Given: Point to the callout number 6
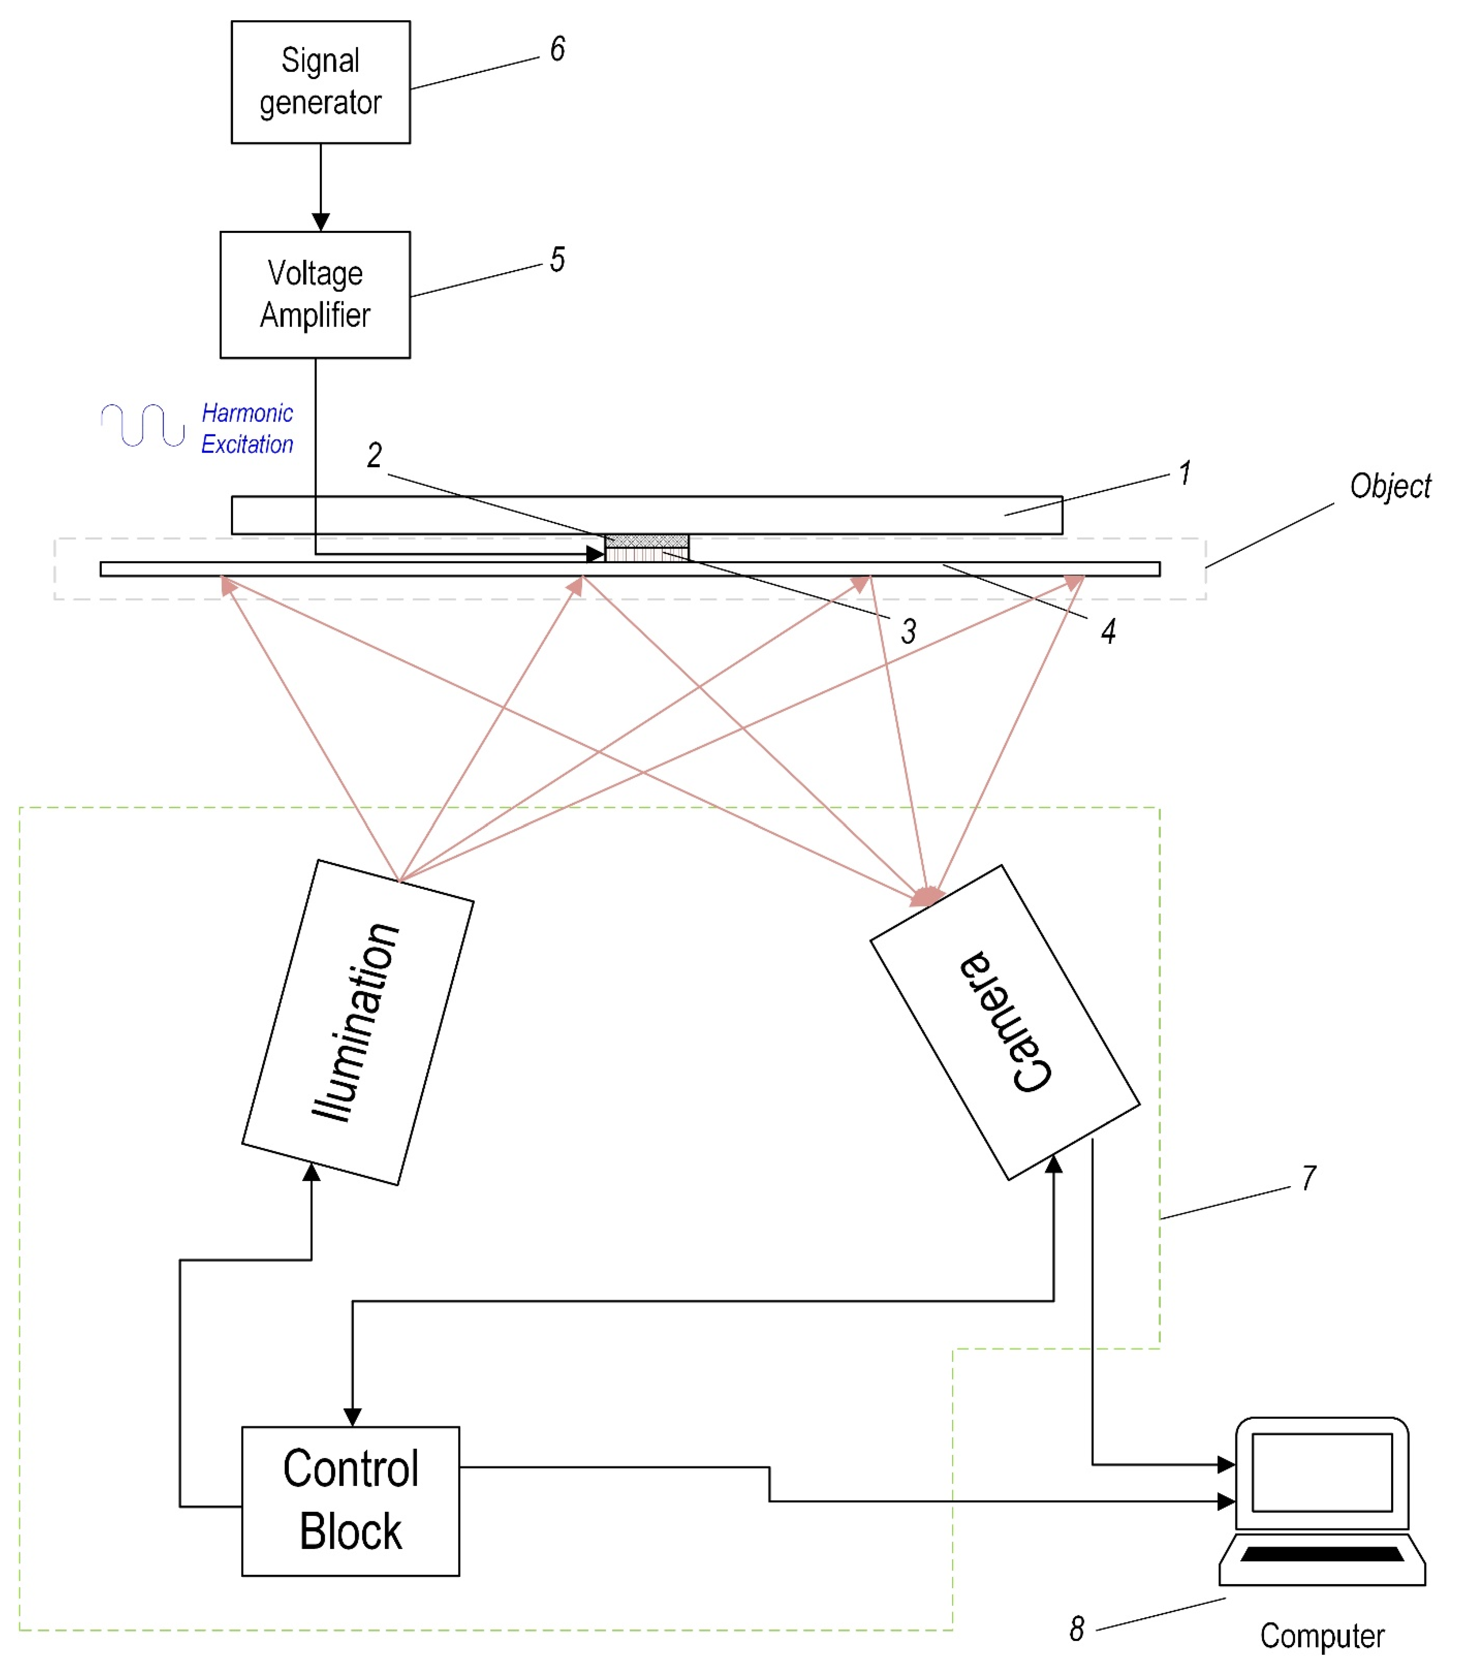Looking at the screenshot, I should pyautogui.click(x=558, y=50).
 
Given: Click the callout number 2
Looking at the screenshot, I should pyautogui.click(x=374, y=455).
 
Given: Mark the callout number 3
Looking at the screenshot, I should pyautogui.click(x=908, y=632).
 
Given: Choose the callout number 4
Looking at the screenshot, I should pyautogui.click(x=1108, y=632).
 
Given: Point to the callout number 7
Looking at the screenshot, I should pyautogui.click(x=1309, y=1178).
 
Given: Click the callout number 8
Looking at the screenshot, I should pyautogui.click(x=1077, y=1629).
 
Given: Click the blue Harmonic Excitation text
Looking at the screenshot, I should pyautogui.click(x=247, y=429).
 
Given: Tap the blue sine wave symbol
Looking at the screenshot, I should pyautogui.click(x=143, y=425).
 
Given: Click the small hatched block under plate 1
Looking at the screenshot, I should pyautogui.click(x=647, y=541).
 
